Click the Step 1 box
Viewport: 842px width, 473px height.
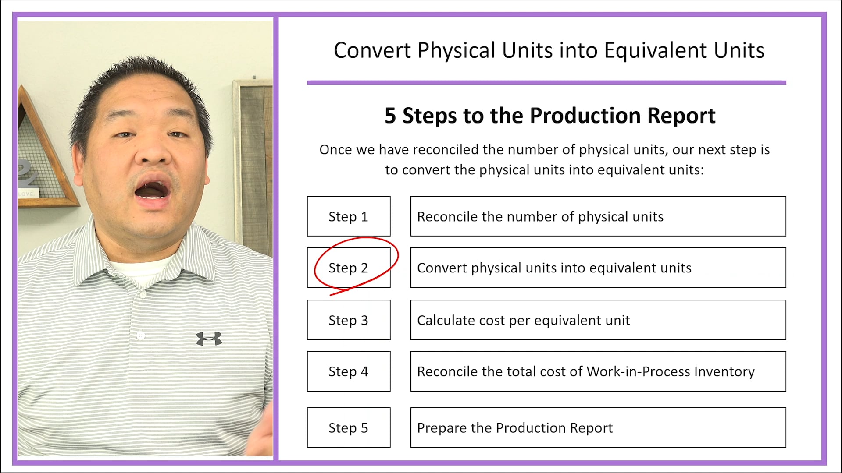click(x=349, y=216)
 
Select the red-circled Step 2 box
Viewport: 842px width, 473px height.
click(x=349, y=268)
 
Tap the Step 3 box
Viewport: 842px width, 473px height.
click(x=349, y=320)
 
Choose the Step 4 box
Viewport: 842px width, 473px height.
click(x=349, y=371)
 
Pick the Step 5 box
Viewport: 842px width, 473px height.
click(x=349, y=427)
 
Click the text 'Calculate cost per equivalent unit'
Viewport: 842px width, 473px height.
click(x=523, y=320)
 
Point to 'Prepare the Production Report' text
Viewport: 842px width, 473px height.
click(x=514, y=427)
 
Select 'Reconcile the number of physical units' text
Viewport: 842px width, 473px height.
click(x=540, y=216)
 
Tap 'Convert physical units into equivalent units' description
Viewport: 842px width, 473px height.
click(x=554, y=268)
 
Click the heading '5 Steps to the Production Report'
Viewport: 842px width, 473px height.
click(x=550, y=116)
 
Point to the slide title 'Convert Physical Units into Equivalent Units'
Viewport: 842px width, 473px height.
click(x=549, y=50)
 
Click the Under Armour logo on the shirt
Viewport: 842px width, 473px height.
click(x=209, y=339)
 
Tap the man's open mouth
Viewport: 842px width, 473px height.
click(x=152, y=191)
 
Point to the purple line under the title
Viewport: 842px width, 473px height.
click(x=546, y=82)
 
